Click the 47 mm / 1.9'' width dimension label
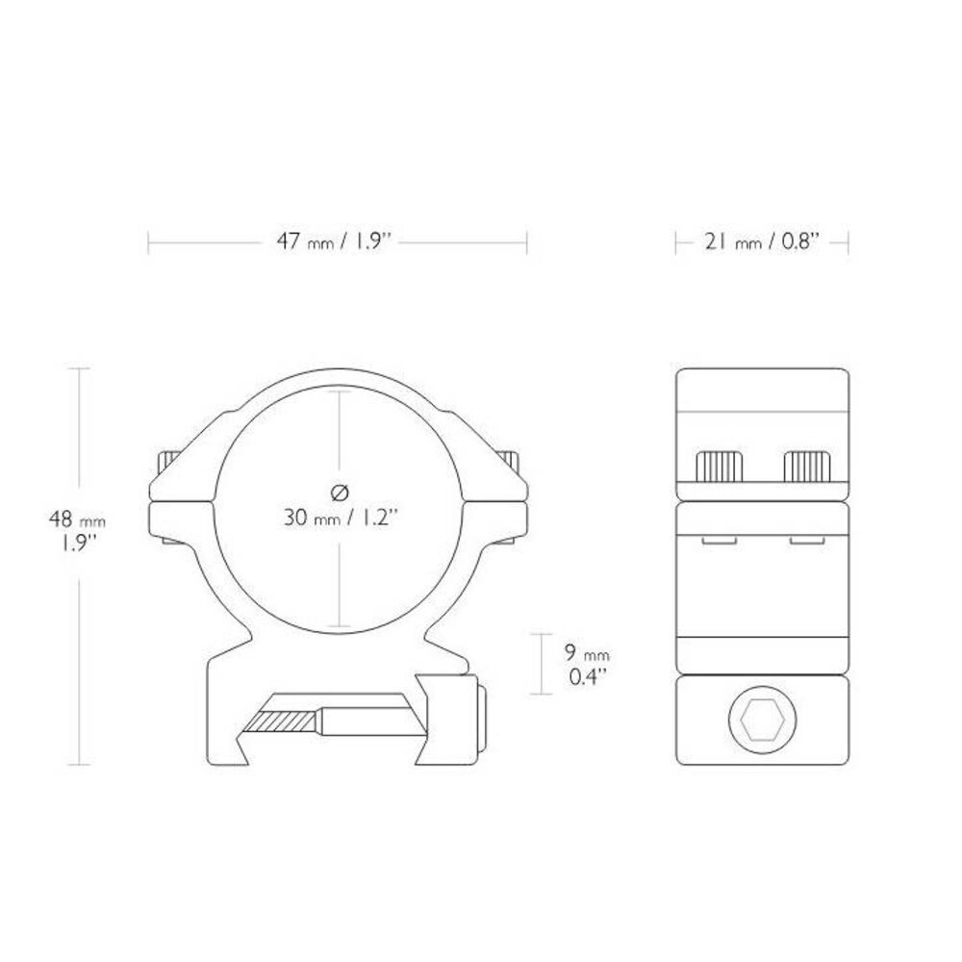(334, 241)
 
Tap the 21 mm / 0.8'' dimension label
(762, 241)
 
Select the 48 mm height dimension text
(77, 519)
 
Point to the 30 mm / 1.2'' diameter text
(342, 518)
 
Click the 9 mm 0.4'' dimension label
(587, 665)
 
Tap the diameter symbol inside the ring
(340, 492)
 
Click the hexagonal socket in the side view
(763, 719)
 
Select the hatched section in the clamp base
(282, 721)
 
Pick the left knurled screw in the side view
(720, 467)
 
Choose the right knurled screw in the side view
(808, 467)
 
